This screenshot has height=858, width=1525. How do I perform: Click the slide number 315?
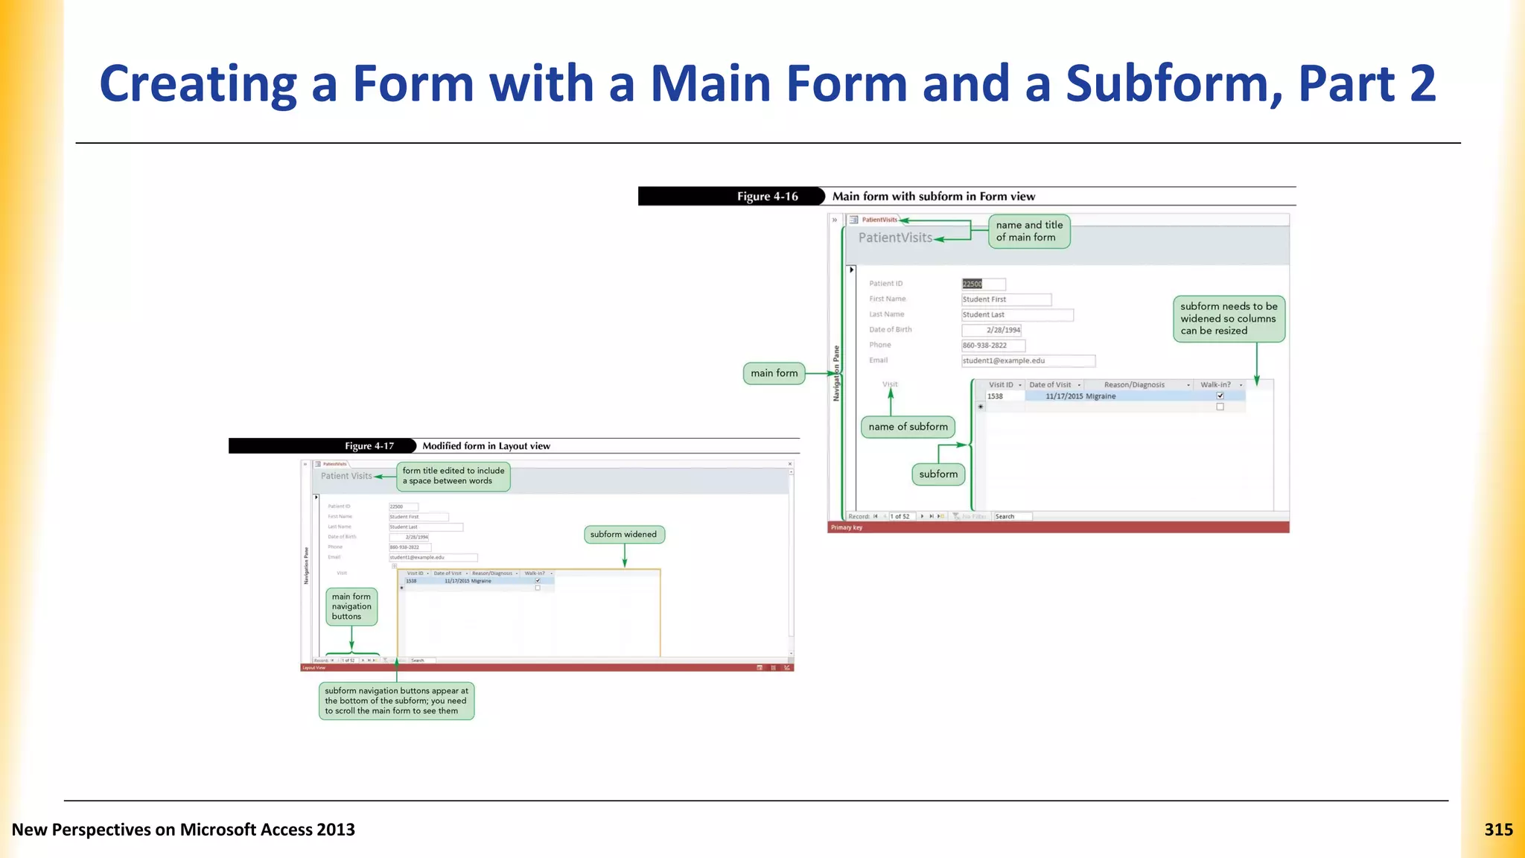1498,830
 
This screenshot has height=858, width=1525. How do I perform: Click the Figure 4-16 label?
767,197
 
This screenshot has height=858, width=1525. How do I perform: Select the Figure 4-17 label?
369,446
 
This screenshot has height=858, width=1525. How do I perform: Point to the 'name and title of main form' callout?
1029,231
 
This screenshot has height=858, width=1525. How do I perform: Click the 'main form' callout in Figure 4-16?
774,373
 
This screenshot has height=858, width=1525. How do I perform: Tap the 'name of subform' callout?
908,427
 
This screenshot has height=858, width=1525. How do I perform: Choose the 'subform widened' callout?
623,535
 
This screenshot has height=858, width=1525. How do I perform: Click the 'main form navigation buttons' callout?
351,606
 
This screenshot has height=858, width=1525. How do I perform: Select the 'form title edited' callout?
453,476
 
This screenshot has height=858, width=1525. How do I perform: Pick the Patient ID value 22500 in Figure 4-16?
972,284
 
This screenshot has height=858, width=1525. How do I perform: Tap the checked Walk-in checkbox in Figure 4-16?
1220,395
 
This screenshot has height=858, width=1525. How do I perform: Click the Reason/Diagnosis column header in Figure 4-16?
1134,385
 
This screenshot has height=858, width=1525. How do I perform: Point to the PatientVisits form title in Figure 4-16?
895,238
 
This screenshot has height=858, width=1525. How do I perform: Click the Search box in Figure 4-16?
1012,516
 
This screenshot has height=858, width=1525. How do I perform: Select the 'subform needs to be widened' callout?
1229,319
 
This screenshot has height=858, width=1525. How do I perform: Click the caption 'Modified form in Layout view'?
486,446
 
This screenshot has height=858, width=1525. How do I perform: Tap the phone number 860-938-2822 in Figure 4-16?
984,346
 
